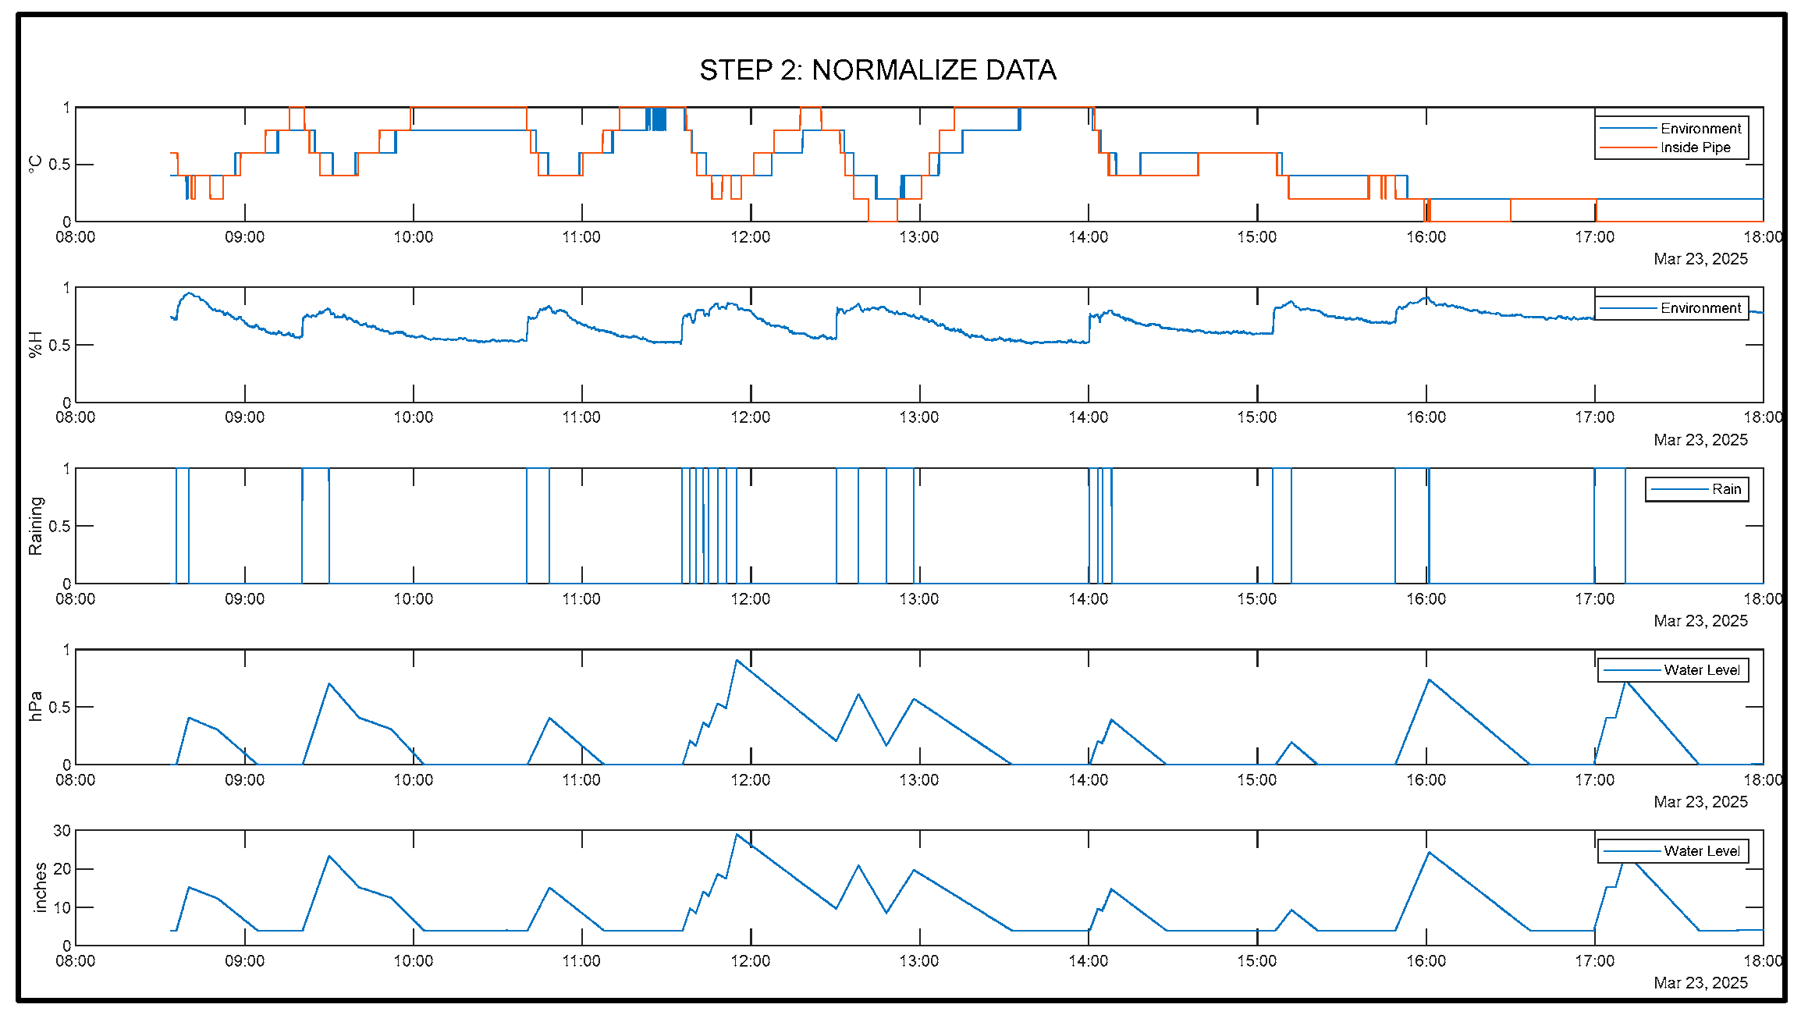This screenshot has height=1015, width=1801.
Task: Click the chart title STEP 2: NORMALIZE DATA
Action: pyautogui.click(x=877, y=70)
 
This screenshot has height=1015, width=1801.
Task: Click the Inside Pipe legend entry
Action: pyautogui.click(x=1694, y=147)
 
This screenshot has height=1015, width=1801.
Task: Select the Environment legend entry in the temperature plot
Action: pyautogui.click(x=1700, y=128)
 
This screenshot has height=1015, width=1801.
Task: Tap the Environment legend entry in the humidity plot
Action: pyautogui.click(x=1700, y=308)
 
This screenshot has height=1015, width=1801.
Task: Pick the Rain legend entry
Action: pyautogui.click(x=1725, y=489)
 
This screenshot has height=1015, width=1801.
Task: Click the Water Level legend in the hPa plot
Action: pyautogui.click(x=1701, y=670)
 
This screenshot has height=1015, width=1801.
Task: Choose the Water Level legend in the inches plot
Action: pyautogui.click(x=1701, y=851)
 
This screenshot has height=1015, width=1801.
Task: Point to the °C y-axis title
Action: pyautogui.click(x=34, y=164)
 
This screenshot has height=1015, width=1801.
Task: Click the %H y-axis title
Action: pyautogui.click(x=34, y=345)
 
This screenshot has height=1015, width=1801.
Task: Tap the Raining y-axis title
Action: pyautogui.click(x=35, y=526)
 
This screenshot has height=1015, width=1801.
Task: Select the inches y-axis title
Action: pyautogui.click(x=40, y=888)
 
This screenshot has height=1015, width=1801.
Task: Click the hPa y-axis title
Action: pyautogui.click(x=34, y=707)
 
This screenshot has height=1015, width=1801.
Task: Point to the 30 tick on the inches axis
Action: pyautogui.click(x=62, y=831)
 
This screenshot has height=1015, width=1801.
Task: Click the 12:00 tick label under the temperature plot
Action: pyautogui.click(x=750, y=237)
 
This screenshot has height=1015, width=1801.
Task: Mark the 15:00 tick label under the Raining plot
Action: pyautogui.click(x=1256, y=599)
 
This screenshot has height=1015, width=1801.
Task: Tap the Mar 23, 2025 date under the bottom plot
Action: pyautogui.click(x=1700, y=983)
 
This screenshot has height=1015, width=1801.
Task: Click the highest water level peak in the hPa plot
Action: pyautogui.click(x=736, y=661)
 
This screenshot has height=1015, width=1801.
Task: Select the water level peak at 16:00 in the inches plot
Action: pyautogui.click(x=1429, y=853)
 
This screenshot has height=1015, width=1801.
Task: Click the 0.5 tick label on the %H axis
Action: pyautogui.click(x=59, y=345)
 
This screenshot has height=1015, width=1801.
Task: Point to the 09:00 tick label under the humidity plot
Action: pyautogui.click(x=244, y=417)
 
